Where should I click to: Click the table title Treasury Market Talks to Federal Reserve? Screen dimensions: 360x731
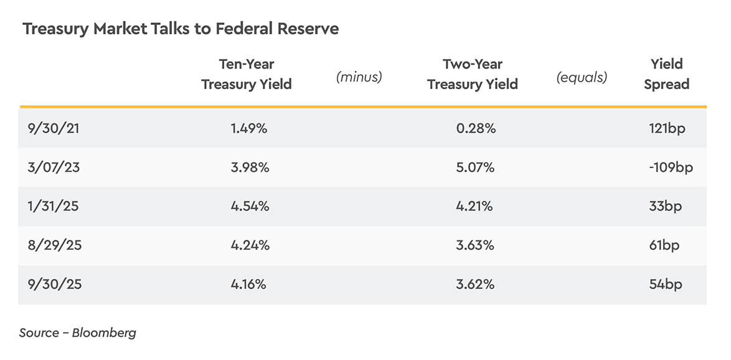coord(181,29)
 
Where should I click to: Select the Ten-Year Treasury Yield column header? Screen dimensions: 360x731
coord(247,74)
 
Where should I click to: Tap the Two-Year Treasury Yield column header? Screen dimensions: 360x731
coord(473,74)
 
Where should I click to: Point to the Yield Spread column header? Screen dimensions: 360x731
coord(666,74)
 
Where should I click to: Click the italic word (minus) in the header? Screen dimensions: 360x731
coord(359,77)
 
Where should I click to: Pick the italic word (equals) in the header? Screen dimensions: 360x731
coord(582,77)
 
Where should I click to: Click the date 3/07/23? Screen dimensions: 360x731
coord(54,168)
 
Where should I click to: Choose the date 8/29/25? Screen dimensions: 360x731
coord(55,245)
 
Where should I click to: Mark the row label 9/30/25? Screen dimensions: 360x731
coord(55,285)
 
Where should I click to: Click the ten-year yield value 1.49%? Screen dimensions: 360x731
coord(248,128)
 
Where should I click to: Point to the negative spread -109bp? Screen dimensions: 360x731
coord(670,168)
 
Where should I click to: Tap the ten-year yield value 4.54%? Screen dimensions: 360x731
coord(250,206)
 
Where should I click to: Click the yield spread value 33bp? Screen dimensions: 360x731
coord(664,206)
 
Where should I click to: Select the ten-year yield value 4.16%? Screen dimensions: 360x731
coord(248,285)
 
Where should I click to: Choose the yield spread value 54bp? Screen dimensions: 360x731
coord(665,285)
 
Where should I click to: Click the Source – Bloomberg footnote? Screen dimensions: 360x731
coord(78,333)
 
